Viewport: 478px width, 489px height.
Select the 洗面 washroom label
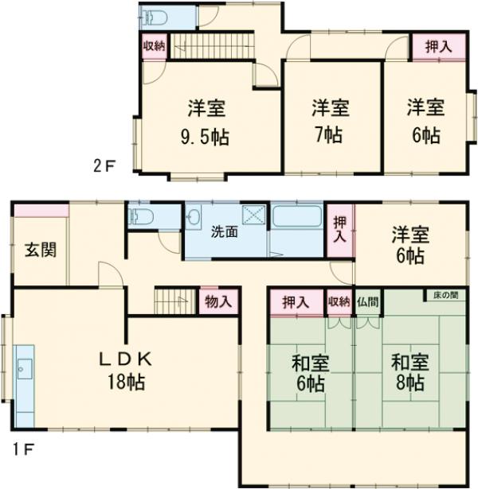(x=224, y=232)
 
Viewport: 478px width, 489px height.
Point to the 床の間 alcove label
(x=446, y=295)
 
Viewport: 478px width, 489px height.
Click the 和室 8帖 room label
(x=410, y=372)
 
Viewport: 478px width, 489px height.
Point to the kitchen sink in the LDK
(x=24, y=368)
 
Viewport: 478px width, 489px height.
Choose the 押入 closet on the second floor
(x=433, y=46)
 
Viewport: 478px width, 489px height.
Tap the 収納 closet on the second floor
(x=154, y=45)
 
